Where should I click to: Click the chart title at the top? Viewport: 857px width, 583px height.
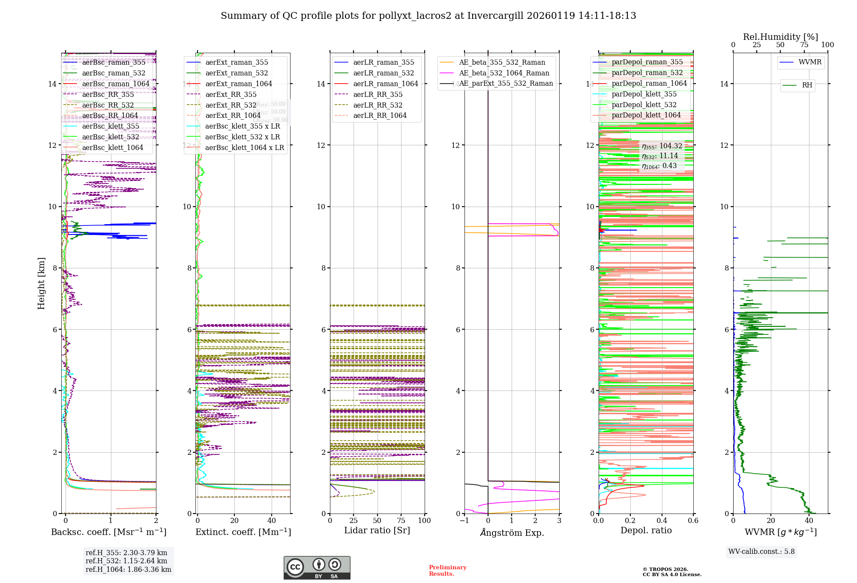click(x=428, y=16)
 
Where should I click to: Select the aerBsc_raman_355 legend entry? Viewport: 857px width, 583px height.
click(x=114, y=63)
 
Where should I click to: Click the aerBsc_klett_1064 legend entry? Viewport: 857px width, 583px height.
click(x=113, y=148)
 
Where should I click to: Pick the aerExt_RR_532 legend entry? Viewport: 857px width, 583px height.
click(x=231, y=105)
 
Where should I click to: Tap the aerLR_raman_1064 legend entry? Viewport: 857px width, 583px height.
click(x=385, y=84)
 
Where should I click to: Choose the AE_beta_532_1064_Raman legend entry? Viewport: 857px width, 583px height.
click(x=504, y=73)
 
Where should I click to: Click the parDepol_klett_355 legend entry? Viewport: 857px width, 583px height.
click(x=644, y=94)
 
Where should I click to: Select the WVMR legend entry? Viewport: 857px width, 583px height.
click(x=810, y=62)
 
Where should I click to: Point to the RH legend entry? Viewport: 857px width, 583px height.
click(x=807, y=85)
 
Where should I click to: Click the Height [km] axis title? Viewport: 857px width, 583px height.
click(x=41, y=283)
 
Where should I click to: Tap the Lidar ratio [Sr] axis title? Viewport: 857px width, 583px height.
click(x=377, y=531)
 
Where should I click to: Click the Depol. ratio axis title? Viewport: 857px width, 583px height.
click(x=646, y=531)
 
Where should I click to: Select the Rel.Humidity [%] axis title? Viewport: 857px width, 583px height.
click(x=780, y=37)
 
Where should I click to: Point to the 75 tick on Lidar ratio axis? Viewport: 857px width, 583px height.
click(x=401, y=521)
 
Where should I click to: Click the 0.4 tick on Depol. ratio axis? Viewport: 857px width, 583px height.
click(x=662, y=521)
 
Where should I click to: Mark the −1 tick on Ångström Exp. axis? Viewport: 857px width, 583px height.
click(x=464, y=521)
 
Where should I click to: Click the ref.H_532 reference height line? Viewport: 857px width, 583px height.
click(x=126, y=561)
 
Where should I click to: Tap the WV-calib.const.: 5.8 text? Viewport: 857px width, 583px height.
click(x=761, y=552)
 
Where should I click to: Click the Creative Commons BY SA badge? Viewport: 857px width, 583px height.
click(x=317, y=568)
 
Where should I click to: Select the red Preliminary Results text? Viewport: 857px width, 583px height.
click(x=447, y=571)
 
